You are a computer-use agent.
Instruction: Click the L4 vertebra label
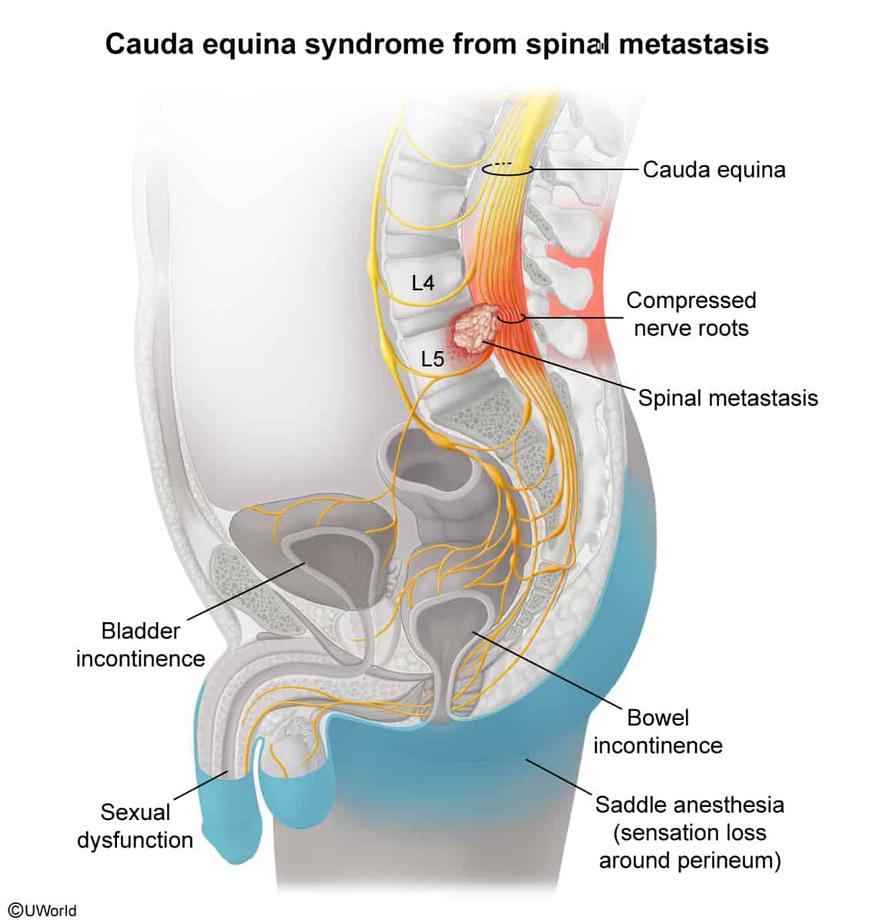(x=423, y=283)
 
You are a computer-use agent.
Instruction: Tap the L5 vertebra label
(x=433, y=359)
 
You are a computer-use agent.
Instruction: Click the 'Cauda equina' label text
(x=714, y=170)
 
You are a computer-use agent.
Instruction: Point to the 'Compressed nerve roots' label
(x=691, y=314)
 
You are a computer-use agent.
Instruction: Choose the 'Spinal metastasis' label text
(x=727, y=398)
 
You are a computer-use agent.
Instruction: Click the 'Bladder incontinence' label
(x=141, y=644)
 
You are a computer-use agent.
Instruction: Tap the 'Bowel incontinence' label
(x=657, y=731)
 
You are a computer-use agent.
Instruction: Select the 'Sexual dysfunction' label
(x=135, y=826)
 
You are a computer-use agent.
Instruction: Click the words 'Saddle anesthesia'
(x=690, y=805)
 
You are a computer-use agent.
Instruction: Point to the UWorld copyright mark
(x=42, y=910)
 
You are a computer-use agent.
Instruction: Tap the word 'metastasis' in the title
(x=694, y=44)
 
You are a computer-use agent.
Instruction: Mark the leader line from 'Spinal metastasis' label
(x=560, y=365)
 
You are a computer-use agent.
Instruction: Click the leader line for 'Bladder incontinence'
(x=246, y=591)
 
